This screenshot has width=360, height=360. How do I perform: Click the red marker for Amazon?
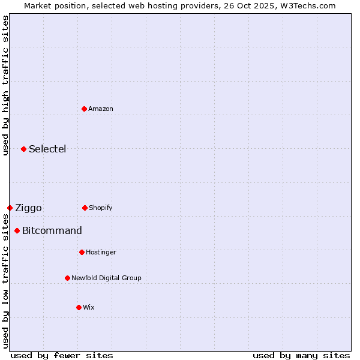click(x=85, y=109)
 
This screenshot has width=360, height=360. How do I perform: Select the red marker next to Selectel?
click(x=23, y=149)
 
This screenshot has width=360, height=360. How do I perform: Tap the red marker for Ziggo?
click(x=10, y=208)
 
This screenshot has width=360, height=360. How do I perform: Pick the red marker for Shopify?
click(x=85, y=208)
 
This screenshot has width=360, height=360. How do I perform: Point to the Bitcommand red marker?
click(x=17, y=230)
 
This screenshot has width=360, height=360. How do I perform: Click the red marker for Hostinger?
click(x=82, y=252)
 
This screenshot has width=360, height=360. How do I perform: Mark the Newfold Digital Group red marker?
click(x=67, y=278)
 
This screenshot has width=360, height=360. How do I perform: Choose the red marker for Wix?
click(x=79, y=307)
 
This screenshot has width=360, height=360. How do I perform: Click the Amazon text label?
click(x=101, y=109)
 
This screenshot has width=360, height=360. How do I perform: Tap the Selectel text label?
click(x=47, y=149)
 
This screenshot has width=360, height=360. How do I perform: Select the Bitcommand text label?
click(x=52, y=230)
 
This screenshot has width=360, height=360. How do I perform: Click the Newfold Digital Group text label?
click(x=106, y=278)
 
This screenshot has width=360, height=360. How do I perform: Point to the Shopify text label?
click(x=101, y=208)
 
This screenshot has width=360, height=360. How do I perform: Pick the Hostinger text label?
click(x=101, y=252)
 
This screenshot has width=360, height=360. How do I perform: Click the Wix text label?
click(x=89, y=307)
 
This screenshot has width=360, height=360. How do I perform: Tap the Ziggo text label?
click(x=28, y=208)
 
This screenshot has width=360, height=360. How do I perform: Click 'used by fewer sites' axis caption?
click(x=62, y=355)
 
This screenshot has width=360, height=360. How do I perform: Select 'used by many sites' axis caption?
click(x=301, y=355)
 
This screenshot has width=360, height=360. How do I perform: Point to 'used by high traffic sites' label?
click(x=5, y=85)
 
